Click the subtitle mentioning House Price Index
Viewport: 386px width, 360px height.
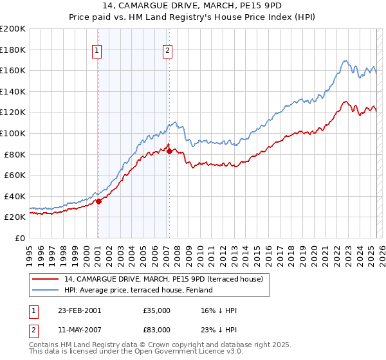pyautogui.click(x=193, y=17)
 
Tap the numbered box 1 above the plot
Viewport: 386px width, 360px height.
pyautogui.click(x=96, y=51)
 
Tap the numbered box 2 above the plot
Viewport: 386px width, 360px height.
pyautogui.click(x=167, y=51)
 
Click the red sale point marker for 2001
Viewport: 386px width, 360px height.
pyautogui.click(x=99, y=201)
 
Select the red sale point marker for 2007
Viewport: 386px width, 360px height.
pyautogui.click(x=169, y=151)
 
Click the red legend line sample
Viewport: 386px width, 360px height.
pyautogui.click(x=46, y=280)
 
